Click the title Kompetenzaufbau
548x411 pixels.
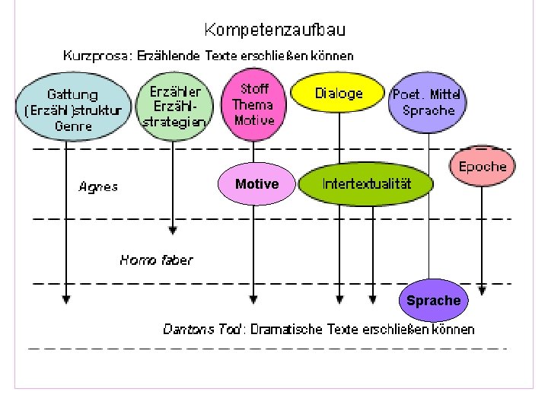pyautogui.click(x=275, y=30)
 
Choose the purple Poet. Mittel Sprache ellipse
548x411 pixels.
pyautogui.click(x=428, y=103)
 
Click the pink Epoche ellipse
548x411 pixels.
pyautogui.click(x=483, y=166)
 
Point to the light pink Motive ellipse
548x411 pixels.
pyautogui.click(x=256, y=184)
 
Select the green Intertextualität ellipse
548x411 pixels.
pyautogui.click(x=366, y=184)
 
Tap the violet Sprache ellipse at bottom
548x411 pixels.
pyautogui.click(x=433, y=301)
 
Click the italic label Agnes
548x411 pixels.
pyautogui.click(x=98, y=186)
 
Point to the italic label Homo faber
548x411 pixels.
pyautogui.click(x=156, y=260)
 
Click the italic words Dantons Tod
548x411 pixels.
pyautogui.click(x=202, y=330)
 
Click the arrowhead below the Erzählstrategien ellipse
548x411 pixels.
pyautogui.click(x=174, y=228)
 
